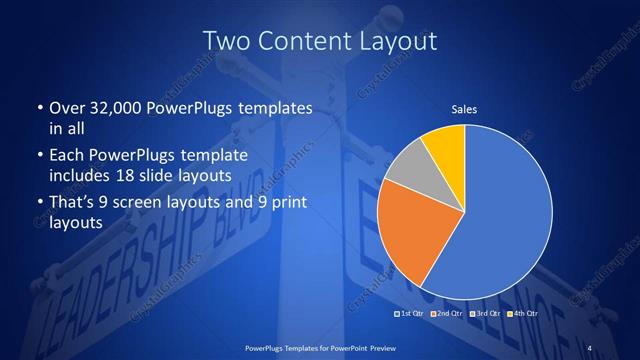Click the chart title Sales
click(x=464, y=108)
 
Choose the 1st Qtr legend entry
click(x=411, y=315)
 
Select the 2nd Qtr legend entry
click(x=446, y=315)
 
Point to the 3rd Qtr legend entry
click(x=486, y=315)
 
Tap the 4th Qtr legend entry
click(x=524, y=315)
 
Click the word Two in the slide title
click(x=227, y=41)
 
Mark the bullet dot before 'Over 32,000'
click(x=39, y=107)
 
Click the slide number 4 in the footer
click(x=589, y=347)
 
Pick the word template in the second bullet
click(x=214, y=156)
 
